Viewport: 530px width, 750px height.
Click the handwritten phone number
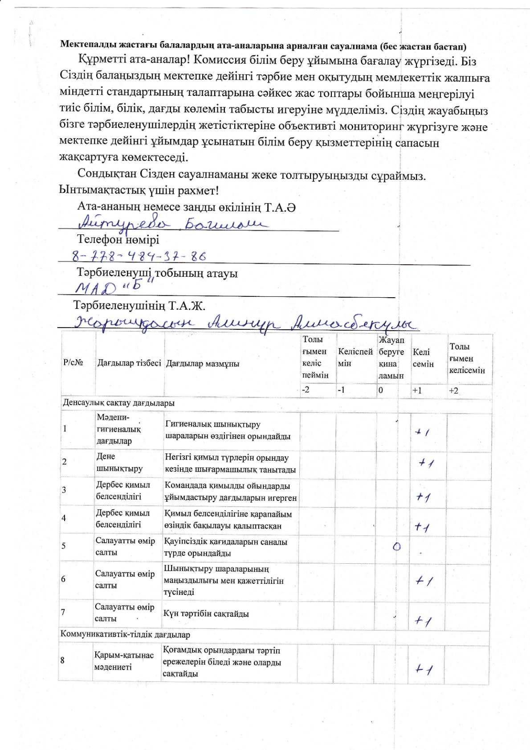click(139, 256)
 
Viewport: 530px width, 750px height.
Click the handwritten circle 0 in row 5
click(397, 547)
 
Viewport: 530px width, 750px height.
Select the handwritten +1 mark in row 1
click(422, 432)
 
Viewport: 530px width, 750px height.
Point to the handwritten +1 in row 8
click(424, 669)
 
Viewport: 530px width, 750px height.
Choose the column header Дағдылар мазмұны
click(203, 364)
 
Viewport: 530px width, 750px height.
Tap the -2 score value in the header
click(306, 390)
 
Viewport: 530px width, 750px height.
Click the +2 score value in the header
click(453, 391)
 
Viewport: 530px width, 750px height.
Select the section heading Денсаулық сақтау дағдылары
click(118, 403)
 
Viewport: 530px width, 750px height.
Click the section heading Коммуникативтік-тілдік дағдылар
click(125, 634)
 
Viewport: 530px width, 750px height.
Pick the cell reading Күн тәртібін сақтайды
click(206, 614)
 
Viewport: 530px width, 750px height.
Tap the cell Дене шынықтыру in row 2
click(119, 462)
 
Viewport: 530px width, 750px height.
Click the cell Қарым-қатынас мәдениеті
click(124, 661)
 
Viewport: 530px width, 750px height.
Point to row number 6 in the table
click(63, 579)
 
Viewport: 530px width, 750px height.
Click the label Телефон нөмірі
click(118, 240)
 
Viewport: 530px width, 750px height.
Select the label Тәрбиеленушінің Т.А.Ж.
click(139, 306)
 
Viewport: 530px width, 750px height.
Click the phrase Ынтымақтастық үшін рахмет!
click(139, 190)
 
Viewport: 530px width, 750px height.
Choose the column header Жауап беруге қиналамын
click(391, 357)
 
